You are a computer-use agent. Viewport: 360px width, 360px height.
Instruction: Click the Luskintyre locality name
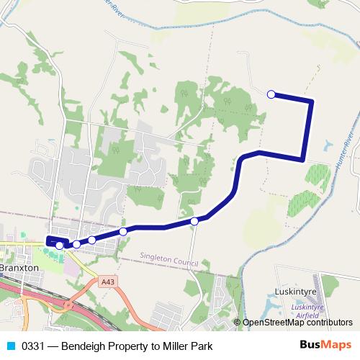[x=296, y=292]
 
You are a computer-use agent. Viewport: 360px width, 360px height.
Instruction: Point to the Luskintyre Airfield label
[x=306, y=310]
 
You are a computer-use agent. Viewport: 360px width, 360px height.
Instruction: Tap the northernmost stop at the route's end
[x=271, y=94]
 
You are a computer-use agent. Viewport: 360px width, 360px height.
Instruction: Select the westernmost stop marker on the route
[x=59, y=246]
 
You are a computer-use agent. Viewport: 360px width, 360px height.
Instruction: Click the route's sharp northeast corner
[x=311, y=101]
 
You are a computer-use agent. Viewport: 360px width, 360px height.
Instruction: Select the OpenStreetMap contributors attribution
[x=297, y=323]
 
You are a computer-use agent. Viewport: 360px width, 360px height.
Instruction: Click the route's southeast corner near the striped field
[x=302, y=158]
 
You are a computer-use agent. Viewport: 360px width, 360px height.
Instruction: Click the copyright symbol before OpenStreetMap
[x=238, y=323]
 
